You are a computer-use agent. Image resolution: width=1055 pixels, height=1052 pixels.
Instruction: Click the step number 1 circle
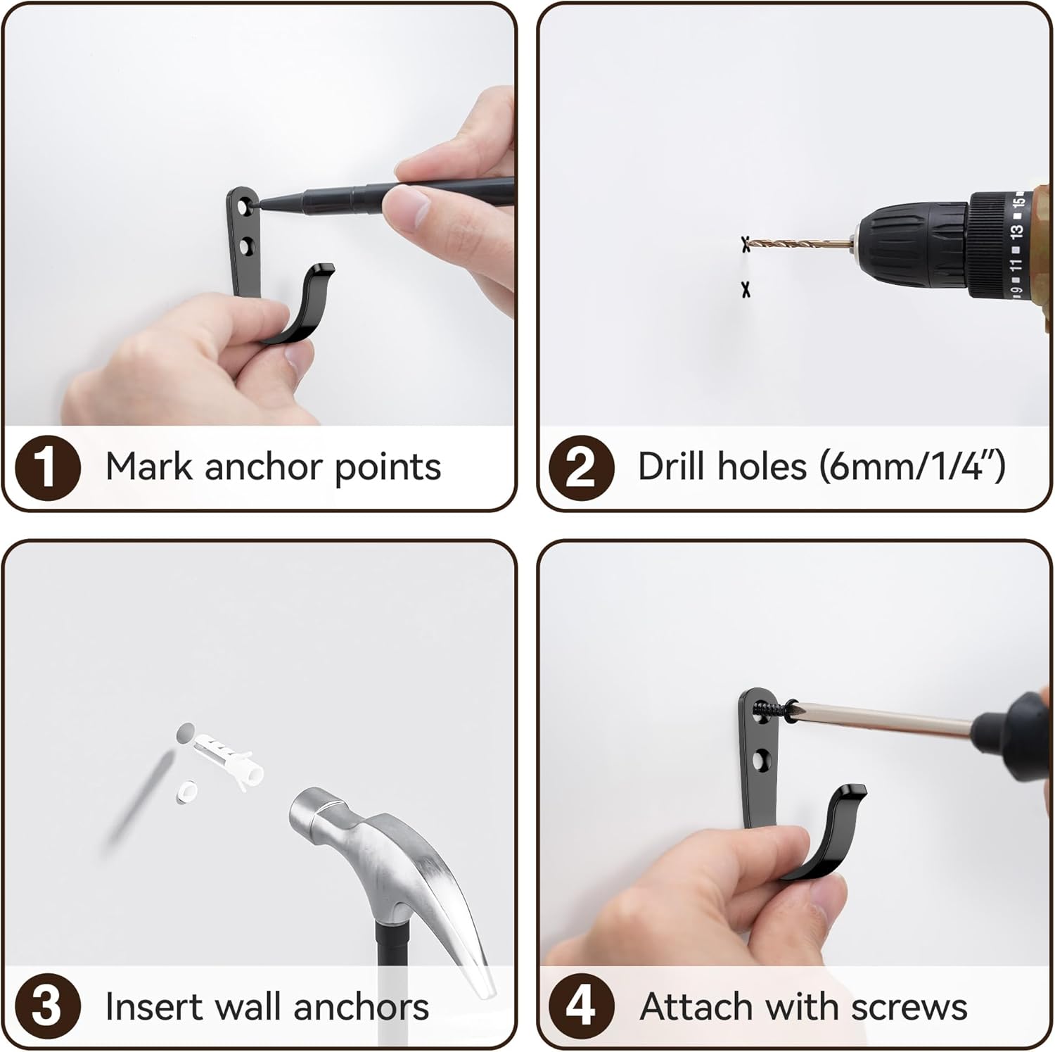click(47, 467)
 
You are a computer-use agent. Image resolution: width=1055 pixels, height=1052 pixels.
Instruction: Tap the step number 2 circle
click(581, 467)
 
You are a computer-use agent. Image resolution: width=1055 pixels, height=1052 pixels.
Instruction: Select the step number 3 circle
click(47, 1006)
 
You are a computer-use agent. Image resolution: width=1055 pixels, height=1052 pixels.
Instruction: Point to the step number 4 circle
click(581, 1006)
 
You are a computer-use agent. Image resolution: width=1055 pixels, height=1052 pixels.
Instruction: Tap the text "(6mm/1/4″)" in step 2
click(913, 467)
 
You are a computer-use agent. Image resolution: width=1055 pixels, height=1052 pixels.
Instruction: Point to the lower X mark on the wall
click(746, 289)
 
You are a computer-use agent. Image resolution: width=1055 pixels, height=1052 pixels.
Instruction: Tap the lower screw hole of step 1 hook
click(245, 247)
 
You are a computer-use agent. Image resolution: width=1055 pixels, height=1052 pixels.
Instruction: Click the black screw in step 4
click(772, 708)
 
